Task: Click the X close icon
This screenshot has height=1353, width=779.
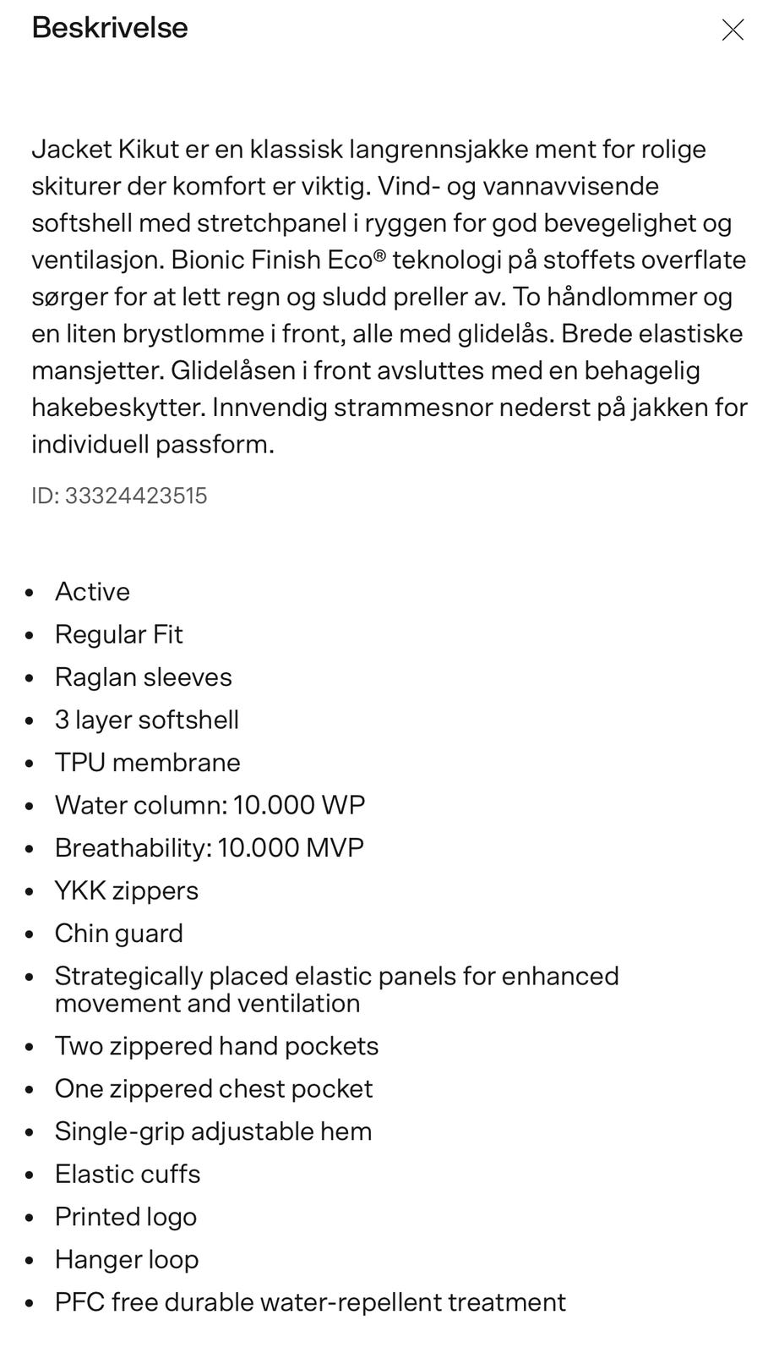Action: pos(733,30)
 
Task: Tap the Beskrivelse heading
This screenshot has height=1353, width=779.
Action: pos(110,28)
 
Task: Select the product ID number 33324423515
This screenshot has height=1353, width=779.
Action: pos(136,496)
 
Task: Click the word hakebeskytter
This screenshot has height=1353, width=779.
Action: pos(117,408)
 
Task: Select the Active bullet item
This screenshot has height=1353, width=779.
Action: pos(92,592)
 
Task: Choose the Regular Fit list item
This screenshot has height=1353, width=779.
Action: pos(118,635)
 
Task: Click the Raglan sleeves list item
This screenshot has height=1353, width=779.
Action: pos(143,677)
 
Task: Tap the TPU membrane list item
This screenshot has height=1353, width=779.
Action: pos(147,763)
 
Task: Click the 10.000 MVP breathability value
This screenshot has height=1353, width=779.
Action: pos(291,848)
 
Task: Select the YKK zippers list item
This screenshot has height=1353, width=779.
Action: pos(126,890)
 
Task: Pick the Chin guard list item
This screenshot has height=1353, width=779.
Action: pos(118,934)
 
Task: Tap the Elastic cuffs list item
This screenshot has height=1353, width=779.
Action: pos(128,1175)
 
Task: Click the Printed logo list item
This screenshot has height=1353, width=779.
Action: pos(125,1217)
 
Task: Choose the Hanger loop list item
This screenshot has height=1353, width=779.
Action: pos(127,1260)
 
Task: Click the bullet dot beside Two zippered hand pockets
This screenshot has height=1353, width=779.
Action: pos(30,1047)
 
